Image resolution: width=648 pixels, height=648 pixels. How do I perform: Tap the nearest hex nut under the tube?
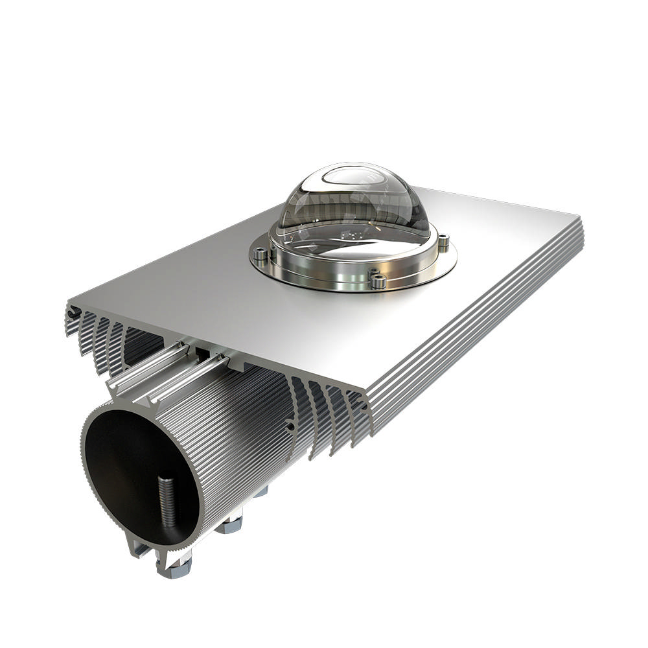[174, 568]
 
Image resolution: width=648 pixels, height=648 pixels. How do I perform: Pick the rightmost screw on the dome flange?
[443, 244]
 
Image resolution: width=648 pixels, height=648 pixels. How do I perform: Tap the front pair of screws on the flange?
[378, 281]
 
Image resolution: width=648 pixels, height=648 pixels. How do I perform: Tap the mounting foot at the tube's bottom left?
[139, 551]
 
